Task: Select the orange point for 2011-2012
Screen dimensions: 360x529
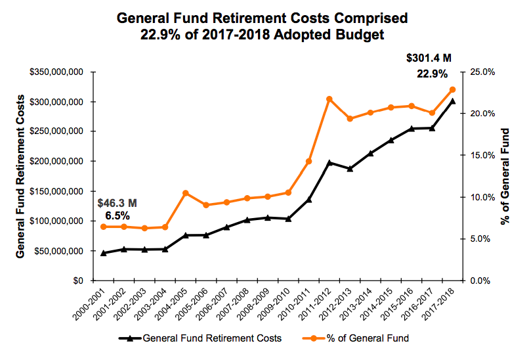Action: pos(329,99)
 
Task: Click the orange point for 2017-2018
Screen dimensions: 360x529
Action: pos(452,89)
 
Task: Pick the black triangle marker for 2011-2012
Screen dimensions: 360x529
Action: pos(329,162)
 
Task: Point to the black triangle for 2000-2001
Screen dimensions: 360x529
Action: pos(104,253)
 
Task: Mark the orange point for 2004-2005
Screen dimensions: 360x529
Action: pos(186,193)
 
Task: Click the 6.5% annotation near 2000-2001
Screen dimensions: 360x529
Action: pos(117,215)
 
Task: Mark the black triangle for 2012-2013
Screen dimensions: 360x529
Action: pos(350,169)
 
